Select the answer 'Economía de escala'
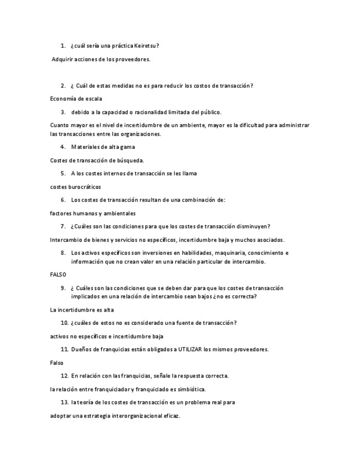(76, 99)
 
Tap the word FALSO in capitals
(58, 275)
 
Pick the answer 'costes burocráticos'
(75, 187)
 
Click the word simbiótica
(190, 389)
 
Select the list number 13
(64, 402)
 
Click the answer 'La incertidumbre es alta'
(82, 310)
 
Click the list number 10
(64, 323)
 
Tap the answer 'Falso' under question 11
(57, 363)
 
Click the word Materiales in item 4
(84, 147)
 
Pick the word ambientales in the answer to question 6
(120, 213)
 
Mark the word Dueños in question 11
(81, 349)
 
